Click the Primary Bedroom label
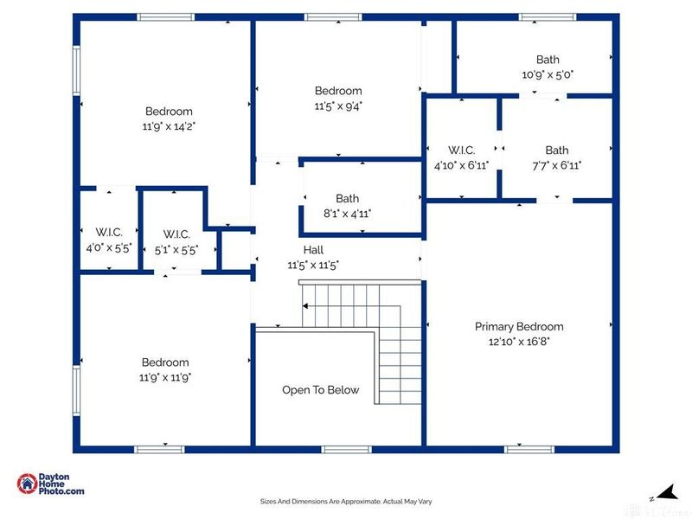coord(519,327)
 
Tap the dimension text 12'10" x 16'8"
coord(519,342)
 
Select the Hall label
coord(313,251)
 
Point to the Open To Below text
coord(320,390)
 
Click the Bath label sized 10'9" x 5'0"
coord(548,60)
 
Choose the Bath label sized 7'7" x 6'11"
coord(557,151)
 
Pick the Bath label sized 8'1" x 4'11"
coord(347,199)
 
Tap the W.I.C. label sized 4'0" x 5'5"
coord(109,232)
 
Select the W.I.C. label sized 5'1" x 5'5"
coord(176,235)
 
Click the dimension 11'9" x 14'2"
coord(169,126)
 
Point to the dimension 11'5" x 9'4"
coord(337,106)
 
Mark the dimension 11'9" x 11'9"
coord(166,377)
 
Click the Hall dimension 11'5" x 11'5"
coord(313,266)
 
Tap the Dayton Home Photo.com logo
coord(51,484)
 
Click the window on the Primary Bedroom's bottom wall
coord(529,449)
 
